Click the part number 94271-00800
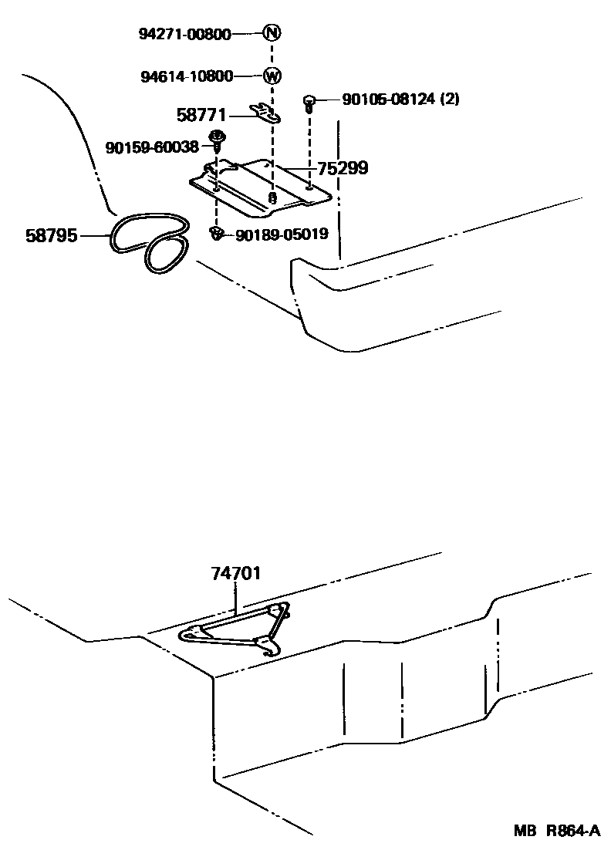pos(184,34)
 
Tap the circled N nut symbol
pos(272,33)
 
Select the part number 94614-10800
pos(186,76)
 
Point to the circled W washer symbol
pos(272,76)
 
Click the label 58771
pos(201,116)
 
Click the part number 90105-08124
pos(388,100)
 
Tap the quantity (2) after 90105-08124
pos(450,100)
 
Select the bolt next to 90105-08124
pos(309,102)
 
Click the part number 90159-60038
pos(152,147)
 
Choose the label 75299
pos(342,168)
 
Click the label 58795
pos(52,235)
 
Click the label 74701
pos(235,574)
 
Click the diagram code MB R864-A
pos(557,831)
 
